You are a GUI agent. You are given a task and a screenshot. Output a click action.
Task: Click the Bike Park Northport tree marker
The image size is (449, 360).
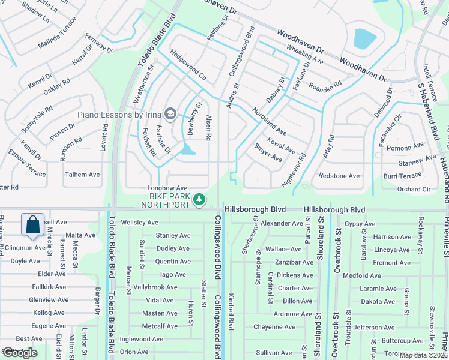click(x=200, y=199)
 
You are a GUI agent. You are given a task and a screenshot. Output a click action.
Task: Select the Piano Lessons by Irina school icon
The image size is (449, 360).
click(x=170, y=114)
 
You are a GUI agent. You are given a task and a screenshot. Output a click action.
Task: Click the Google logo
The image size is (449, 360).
click(x=20, y=353)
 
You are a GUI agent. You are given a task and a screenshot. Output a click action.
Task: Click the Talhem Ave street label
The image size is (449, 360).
click(x=82, y=175)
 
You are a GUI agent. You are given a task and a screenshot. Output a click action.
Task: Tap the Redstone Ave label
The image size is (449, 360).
click(x=339, y=176)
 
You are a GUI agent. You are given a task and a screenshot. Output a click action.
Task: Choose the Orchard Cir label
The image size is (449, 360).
click(x=414, y=189)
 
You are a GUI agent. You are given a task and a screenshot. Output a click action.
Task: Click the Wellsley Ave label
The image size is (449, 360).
click(x=139, y=223)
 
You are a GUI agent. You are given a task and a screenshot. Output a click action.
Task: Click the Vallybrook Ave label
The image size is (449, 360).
click(x=155, y=287)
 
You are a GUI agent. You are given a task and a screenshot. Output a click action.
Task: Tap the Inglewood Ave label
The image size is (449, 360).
click(x=142, y=339)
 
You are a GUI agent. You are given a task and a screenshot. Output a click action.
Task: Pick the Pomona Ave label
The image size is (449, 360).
click(x=405, y=148)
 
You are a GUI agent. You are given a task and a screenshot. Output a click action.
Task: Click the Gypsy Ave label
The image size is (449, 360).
click(x=360, y=224)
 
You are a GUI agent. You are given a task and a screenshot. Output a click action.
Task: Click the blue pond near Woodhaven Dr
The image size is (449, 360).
click(x=365, y=39)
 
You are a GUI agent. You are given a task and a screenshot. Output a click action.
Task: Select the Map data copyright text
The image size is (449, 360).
click(x=424, y=355)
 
